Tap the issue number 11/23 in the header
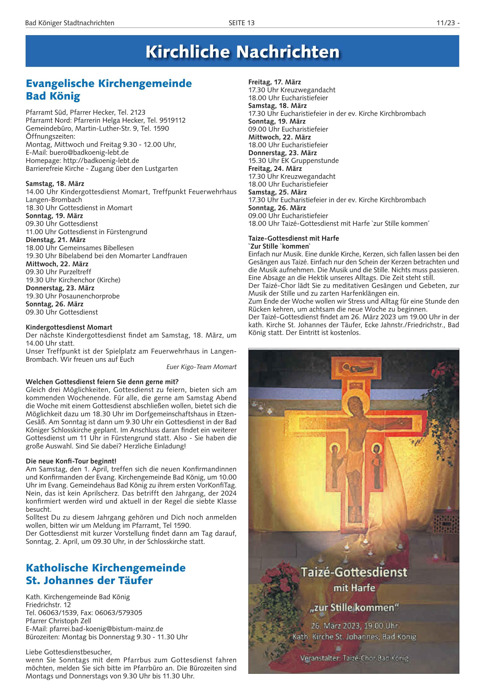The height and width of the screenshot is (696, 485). click(446, 23)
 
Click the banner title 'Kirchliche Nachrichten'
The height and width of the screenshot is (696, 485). click(242, 52)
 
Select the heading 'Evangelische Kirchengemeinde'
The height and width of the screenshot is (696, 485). click(109, 83)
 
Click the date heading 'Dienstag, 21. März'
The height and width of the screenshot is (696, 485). click(56, 240)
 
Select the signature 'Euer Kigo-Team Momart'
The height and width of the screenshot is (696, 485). click(201, 367)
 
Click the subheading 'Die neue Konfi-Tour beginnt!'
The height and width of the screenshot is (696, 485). click(71, 461)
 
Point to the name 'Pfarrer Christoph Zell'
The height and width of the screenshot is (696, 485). click(58, 621)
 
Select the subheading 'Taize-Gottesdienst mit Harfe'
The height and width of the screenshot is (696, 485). click(293, 238)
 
